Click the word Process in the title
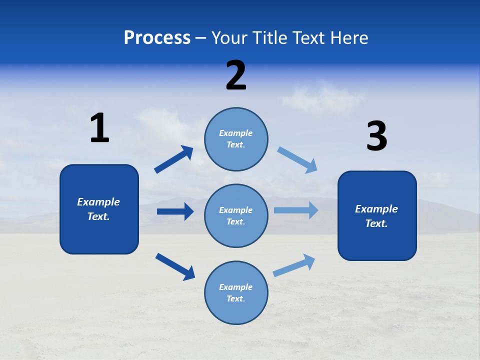click(x=157, y=38)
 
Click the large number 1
click(x=99, y=128)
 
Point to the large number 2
click(x=236, y=75)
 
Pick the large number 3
click(x=376, y=136)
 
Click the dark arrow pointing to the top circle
click(x=174, y=159)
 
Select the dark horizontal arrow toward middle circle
click(x=175, y=211)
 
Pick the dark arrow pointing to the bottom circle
click(x=175, y=266)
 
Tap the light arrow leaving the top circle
click(x=297, y=159)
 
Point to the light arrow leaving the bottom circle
click(x=294, y=265)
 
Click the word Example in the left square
click(x=98, y=202)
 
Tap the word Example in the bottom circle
click(x=235, y=287)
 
